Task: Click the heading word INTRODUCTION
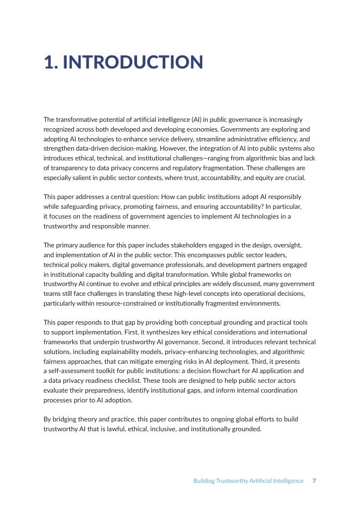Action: (133, 63)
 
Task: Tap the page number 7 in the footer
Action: (314, 481)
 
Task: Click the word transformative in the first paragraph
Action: (75, 120)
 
